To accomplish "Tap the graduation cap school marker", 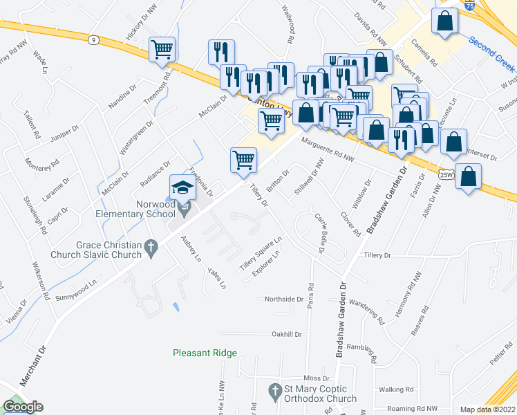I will (x=182, y=187).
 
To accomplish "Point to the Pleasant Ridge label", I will (x=205, y=353).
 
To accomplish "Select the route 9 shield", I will (x=93, y=40).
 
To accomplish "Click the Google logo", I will (x=23, y=407).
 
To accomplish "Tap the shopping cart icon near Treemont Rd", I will (x=162, y=50).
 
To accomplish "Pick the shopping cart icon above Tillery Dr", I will (x=243, y=160).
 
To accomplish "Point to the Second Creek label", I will (x=491, y=53).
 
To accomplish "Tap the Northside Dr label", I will (x=284, y=299).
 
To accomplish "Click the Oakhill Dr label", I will (x=288, y=334).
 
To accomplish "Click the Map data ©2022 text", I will (x=487, y=409).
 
